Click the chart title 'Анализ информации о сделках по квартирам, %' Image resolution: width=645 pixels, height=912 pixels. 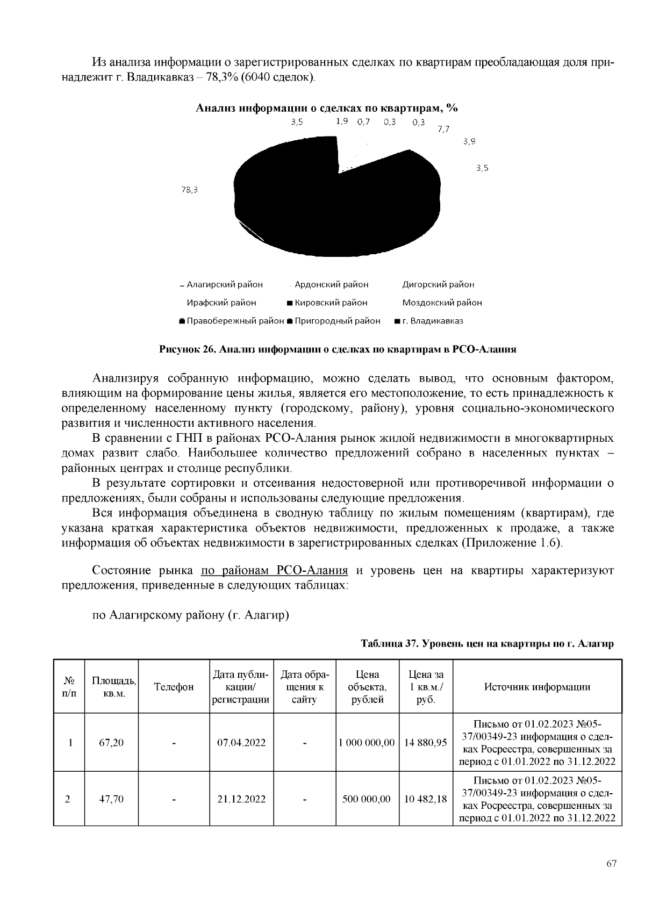pyautogui.click(x=326, y=108)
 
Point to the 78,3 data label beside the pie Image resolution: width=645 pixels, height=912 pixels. pyautogui.click(x=190, y=190)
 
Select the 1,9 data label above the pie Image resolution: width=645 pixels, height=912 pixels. pyautogui.click(x=342, y=121)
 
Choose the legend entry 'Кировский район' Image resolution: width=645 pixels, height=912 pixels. pyautogui.click(x=328, y=303)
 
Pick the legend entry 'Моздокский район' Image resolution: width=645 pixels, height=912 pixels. pyautogui.click(x=442, y=303)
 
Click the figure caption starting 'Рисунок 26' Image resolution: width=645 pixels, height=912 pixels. pyautogui.click(x=338, y=349)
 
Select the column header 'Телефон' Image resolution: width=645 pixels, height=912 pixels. pyautogui.click(x=174, y=687)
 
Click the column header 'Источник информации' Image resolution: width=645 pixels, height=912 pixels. pyautogui.click(x=537, y=687)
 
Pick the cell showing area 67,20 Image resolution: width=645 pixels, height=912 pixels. pyautogui.click(x=111, y=743)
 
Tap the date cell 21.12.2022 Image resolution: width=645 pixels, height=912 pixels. pyautogui.click(x=241, y=799)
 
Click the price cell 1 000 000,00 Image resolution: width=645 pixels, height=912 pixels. pyautogui.click(x=367, y=743)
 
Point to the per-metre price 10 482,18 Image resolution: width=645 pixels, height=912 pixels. pyautogui.click(x=426, y=799)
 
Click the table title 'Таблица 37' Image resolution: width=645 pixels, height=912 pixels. pyautogui.click(x=486, y=643)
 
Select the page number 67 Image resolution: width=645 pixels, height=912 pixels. pyautogui.click(x=611, y=864)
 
